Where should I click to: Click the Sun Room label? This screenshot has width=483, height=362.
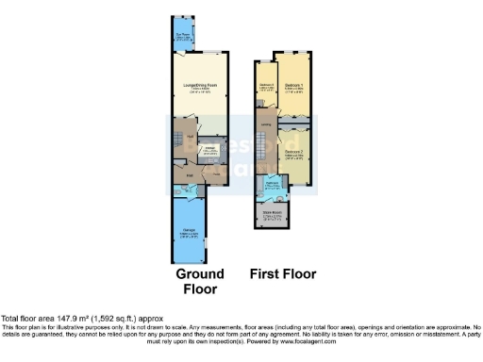(184, 40)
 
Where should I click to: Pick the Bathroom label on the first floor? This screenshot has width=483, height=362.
(272, 185)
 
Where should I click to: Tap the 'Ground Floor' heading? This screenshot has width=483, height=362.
(200, 282)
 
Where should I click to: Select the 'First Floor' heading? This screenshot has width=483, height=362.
(283, 275)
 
